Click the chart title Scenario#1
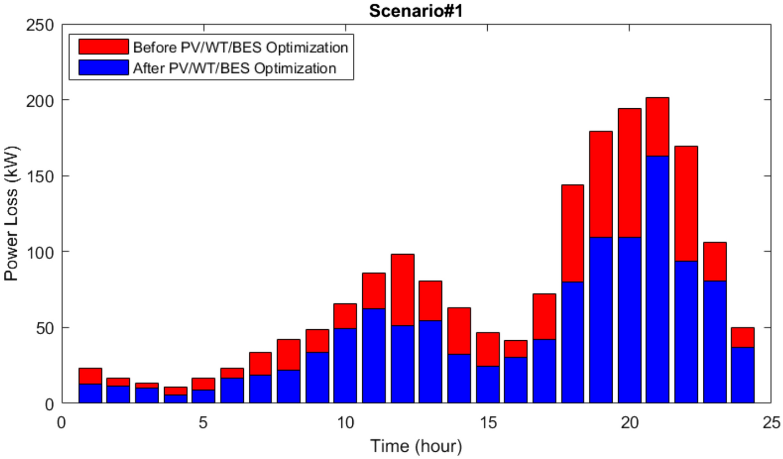coord(416,12)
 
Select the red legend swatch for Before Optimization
coord(103,47)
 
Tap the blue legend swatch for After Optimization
coord(103,68)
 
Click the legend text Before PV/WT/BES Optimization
coord(240,47)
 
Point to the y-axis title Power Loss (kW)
coord(12,214)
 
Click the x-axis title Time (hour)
coord(416,445)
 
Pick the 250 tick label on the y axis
coord(42,25)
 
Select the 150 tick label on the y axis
coord(42,176)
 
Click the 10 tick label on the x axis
coord(345,423)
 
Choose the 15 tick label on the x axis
coord(487,423)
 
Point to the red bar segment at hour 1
coord(90,376)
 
